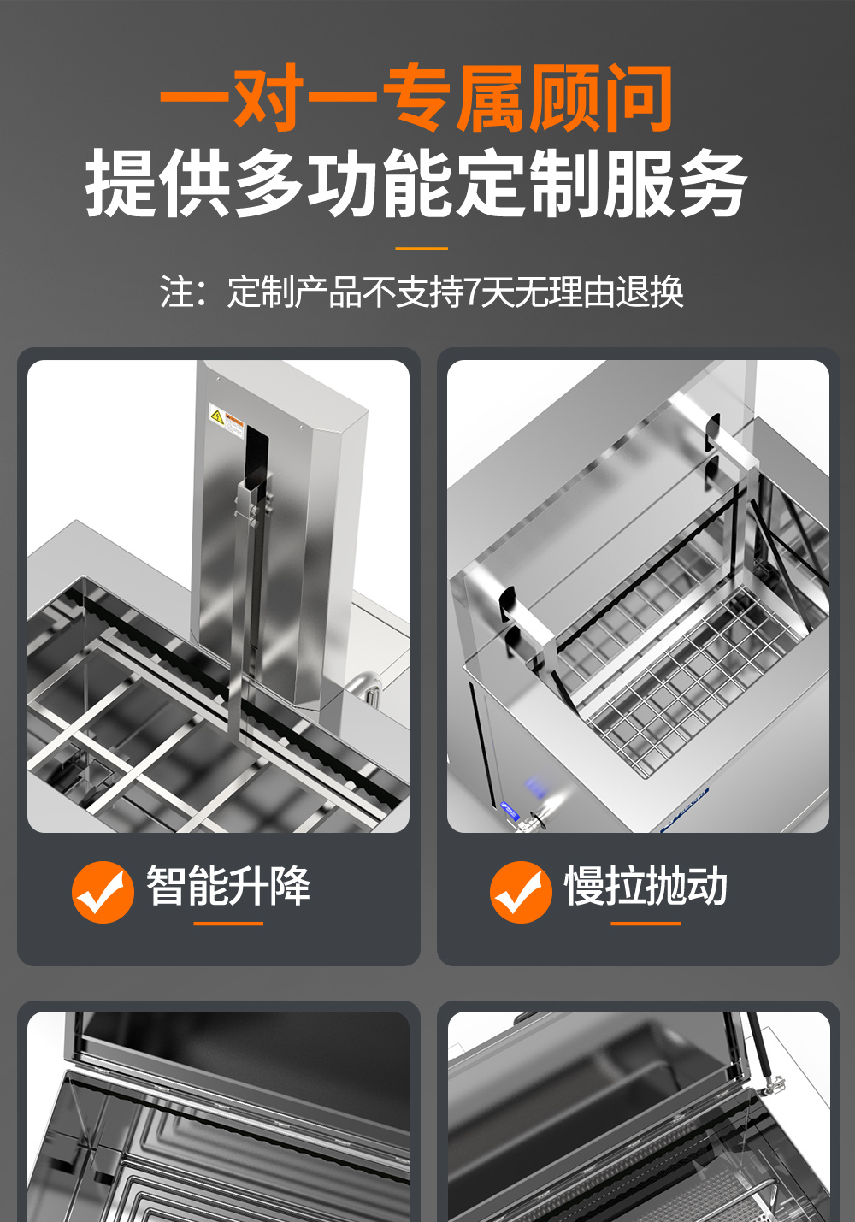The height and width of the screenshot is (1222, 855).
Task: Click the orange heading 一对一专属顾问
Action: pyautogui.click(x=416, y=99)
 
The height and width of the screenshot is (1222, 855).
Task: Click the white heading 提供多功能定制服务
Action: pyautogui.click(x=416, y=183)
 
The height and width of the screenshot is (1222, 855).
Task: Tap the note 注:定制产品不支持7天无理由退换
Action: pyautogui.click(x=422, y=292)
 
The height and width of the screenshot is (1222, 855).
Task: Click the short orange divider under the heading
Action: pyautogui.click(x=422, y=249)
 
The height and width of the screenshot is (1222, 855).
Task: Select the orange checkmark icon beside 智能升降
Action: pyautogui.click(x=103, y=891)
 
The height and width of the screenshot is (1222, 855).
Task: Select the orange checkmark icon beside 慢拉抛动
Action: pyautogui.click(x=521, y=891)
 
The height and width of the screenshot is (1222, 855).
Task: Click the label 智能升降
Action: pyautogui.click(x=228, y=886)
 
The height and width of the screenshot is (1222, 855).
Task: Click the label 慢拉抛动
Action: pyautogui.click(x=646, y=886)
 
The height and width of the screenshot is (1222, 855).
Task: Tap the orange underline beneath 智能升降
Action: pyautogui.click(x=228, y=924)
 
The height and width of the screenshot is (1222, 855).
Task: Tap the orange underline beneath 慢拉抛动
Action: pyautogui.click(x=646, y=924)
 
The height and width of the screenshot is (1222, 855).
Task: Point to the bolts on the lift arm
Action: pyautogui.click(x=254, y=513)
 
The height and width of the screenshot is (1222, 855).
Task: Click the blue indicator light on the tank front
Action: pyautogui.click(x=535, y=785)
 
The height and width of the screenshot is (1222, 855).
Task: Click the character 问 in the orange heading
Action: pyautogui.click(x=639, y=99)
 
